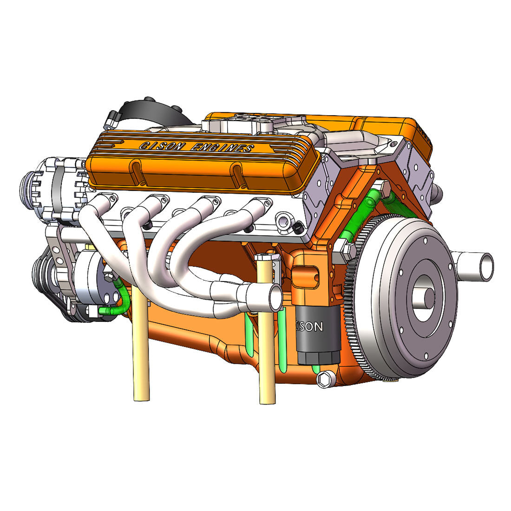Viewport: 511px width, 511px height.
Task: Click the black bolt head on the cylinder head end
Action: (x=298, y=228)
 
